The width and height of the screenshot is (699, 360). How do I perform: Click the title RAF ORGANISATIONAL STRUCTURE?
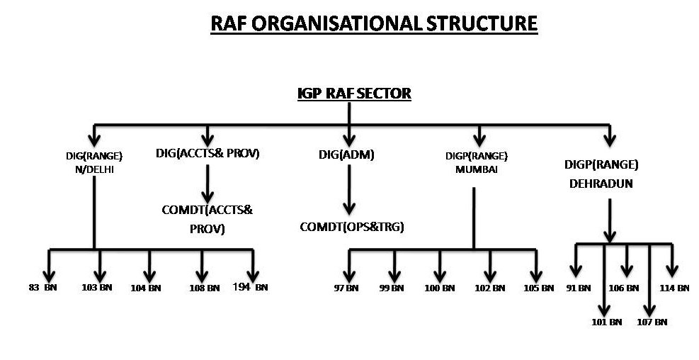point(374,23)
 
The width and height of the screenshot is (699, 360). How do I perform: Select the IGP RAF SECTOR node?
point(353,94)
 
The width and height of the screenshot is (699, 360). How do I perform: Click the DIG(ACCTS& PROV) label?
point(208,153)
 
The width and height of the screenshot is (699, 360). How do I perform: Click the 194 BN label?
point(251,287)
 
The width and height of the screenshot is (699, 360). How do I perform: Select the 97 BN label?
point(346,288)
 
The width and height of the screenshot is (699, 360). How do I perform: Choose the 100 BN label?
point(440,288)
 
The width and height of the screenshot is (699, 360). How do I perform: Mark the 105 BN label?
point(538,288)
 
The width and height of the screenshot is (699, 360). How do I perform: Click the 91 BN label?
point(578,288)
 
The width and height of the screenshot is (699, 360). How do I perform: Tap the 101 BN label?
point(606,322)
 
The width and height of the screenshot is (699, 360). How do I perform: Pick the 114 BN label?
point(674,288)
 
